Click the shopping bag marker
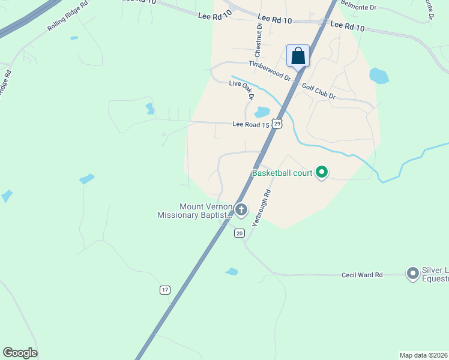coord(298,56)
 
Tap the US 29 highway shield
coord(276,123)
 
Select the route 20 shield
coord(240,233)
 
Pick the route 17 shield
coord(165,290)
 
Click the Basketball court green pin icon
coord(322,173)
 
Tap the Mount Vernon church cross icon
coord(241,209)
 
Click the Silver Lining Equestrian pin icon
coord(412,274)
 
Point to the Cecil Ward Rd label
coord(362,275)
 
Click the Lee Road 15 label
coord(250,125)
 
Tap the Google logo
coord(20,353)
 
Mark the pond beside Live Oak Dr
coord(262,112)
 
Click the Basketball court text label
coord(282,173)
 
